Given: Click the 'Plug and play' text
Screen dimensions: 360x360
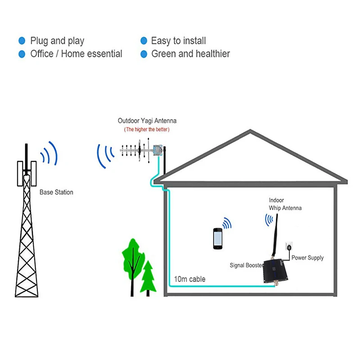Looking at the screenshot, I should tap(57, 41).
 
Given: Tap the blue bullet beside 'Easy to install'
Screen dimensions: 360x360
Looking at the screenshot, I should tap(144, 41).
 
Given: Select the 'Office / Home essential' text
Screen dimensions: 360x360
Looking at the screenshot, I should tap(76, 54).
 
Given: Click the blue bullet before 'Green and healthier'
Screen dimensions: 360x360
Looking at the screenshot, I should tap(144, 54).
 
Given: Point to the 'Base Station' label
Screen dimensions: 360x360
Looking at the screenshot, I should tap(56, 192).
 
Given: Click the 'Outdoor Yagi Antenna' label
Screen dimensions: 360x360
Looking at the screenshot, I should tap(147, 121).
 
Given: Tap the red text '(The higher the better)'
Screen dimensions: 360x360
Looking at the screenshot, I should tap(147, 130).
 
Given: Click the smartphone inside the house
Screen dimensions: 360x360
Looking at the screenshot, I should tap(218, 238).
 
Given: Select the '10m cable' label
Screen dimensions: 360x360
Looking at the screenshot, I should tap(189, 279).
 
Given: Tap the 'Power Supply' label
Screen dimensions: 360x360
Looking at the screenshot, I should tap(307, 258).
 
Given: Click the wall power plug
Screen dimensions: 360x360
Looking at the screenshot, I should tap(289, 247).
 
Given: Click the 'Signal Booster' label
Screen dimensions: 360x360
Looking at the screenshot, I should tap(246, 265).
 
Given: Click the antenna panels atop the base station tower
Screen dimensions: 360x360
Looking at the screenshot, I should tap(27, 173).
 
